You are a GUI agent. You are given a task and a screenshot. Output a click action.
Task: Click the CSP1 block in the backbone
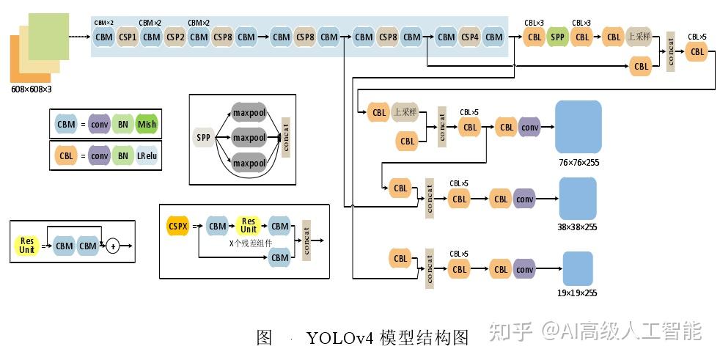pyautogui.click(x=128, y=37)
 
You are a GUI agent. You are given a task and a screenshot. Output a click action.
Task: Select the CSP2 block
pyautogui.click(x=175, y=37)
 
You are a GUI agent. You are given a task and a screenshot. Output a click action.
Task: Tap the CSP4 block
pyautogui.click(x=470, y=37)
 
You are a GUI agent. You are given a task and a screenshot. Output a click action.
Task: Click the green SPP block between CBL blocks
pyautogui.click(x=558, y=37)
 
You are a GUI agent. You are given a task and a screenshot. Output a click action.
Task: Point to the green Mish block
pyautogui.click(x=147, y=125)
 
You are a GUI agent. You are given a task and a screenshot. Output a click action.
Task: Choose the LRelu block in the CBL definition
pyautogui.click(x=147, y=155)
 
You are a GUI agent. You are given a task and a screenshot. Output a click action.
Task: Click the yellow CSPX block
pyautogui.click(x=178, y=226)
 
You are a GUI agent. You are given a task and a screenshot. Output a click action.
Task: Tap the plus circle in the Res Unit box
pyautogui.click(x=112, y=246)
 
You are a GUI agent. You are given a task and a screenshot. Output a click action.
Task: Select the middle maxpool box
pyautogui.click(x=249, y=138)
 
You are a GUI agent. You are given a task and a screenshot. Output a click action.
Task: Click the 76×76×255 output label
pyautogui.click(x=578, y=163)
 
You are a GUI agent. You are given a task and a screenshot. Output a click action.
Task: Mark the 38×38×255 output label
pyautogui.click(x=577, y=227)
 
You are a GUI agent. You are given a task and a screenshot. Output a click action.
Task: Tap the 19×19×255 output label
pyautogui.click(x=577, y=293)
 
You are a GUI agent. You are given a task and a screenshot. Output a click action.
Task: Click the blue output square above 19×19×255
pyautogui.click(x=578, y=269)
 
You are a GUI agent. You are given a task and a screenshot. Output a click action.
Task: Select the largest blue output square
pyautogui.click(x=578, y=127)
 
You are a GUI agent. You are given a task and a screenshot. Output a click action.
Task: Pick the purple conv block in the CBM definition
pyautogui.click(x=100, y=125)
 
